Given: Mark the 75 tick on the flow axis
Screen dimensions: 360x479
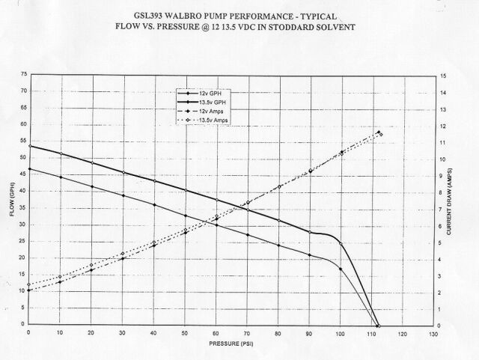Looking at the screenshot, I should (22, 75).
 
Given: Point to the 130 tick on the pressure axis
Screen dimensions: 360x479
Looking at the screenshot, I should (432, 333).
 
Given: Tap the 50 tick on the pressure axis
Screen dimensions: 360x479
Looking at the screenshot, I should (184, 333).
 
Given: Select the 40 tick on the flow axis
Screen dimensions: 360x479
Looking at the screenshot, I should (22, 192).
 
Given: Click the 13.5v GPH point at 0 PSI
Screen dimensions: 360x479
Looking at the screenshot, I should (28, 145).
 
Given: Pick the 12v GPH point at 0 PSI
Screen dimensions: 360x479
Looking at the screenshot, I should (28, 169).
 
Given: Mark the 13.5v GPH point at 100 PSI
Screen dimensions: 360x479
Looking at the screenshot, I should (341, 244).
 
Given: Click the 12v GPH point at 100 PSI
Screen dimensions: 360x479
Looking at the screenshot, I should (341, 269).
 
